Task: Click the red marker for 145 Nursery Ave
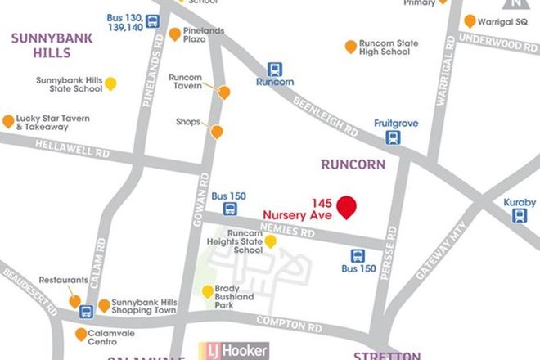[348, 207]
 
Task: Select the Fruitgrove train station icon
[394, 138]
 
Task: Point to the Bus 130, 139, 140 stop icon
[153, 19]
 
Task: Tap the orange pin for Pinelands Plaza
[175, 34]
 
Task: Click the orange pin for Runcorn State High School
[351, 47]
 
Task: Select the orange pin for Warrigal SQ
[470, 20]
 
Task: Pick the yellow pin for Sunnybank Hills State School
[110, 83]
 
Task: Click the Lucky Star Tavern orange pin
[8, 121]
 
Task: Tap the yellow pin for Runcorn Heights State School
[269, 241]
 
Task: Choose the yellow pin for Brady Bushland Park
[208, 291]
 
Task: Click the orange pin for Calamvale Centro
[81, 334]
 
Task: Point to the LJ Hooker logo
[236, 350]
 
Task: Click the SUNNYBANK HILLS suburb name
[48, 46]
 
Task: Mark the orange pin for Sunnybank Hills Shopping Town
[104, 305]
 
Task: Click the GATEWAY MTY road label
[447, 252]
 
